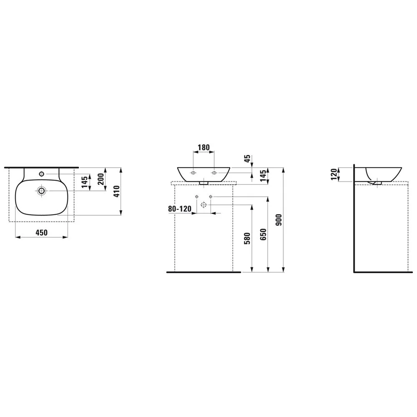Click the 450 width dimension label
[42, 233]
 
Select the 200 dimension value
[101, 179]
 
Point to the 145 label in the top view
[85, 182]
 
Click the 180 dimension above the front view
[204, 147]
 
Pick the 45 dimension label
[248, 159]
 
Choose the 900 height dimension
[279, 220]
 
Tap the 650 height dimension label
[263, 234]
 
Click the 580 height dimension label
[247, 239]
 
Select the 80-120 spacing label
[180, 209]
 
